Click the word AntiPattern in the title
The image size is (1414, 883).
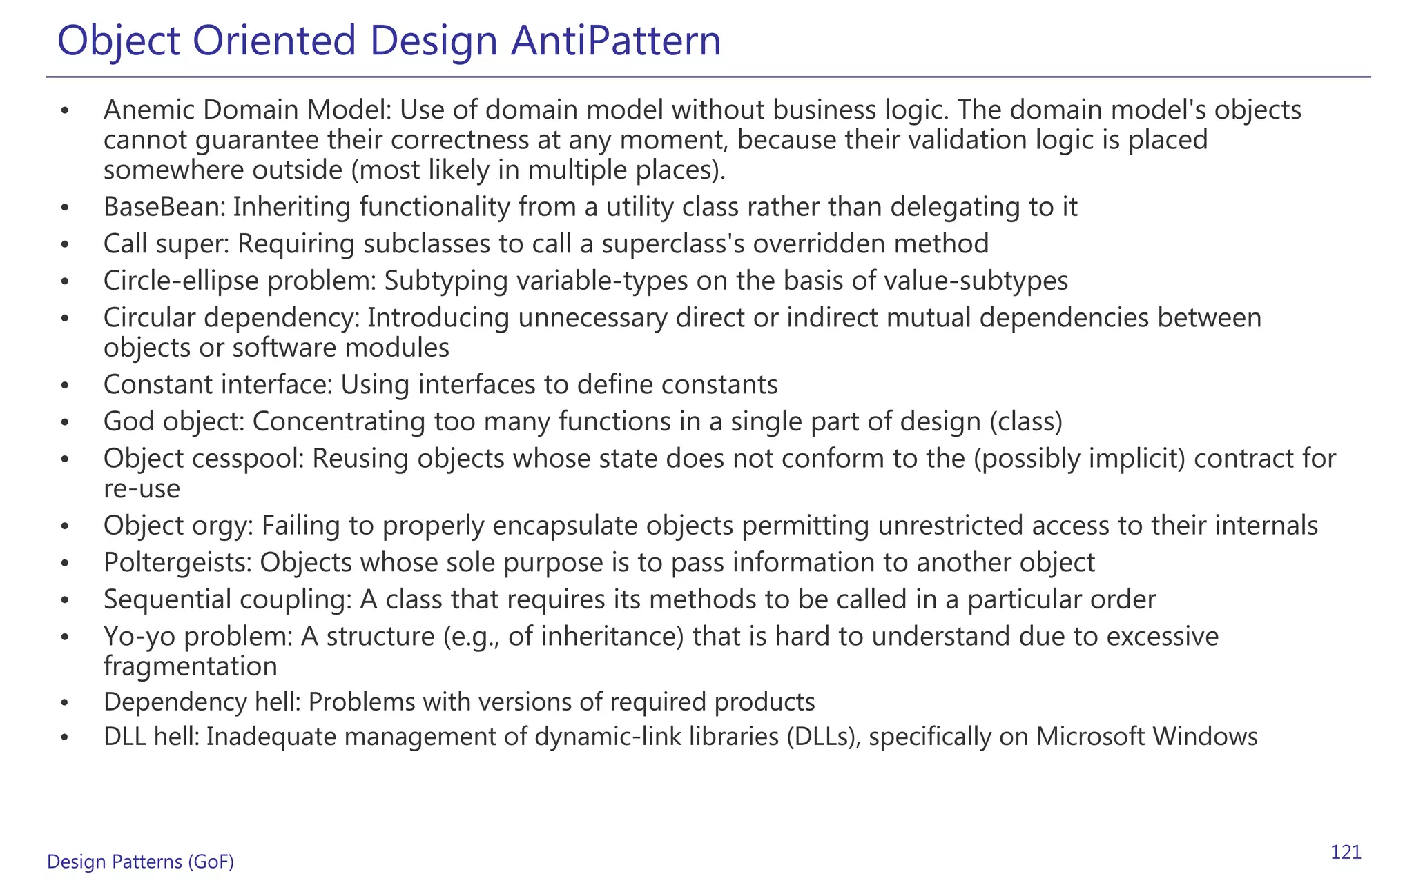pos(616,41)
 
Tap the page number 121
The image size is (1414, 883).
pos(1346,853)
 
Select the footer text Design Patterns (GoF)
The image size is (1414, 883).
pos(140,862)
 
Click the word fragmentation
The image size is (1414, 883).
pos(191,666)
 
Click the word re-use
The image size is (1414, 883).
pos(142,489)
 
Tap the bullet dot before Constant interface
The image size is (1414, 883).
pos(65,385)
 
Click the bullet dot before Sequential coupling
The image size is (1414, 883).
pos(65,600)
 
